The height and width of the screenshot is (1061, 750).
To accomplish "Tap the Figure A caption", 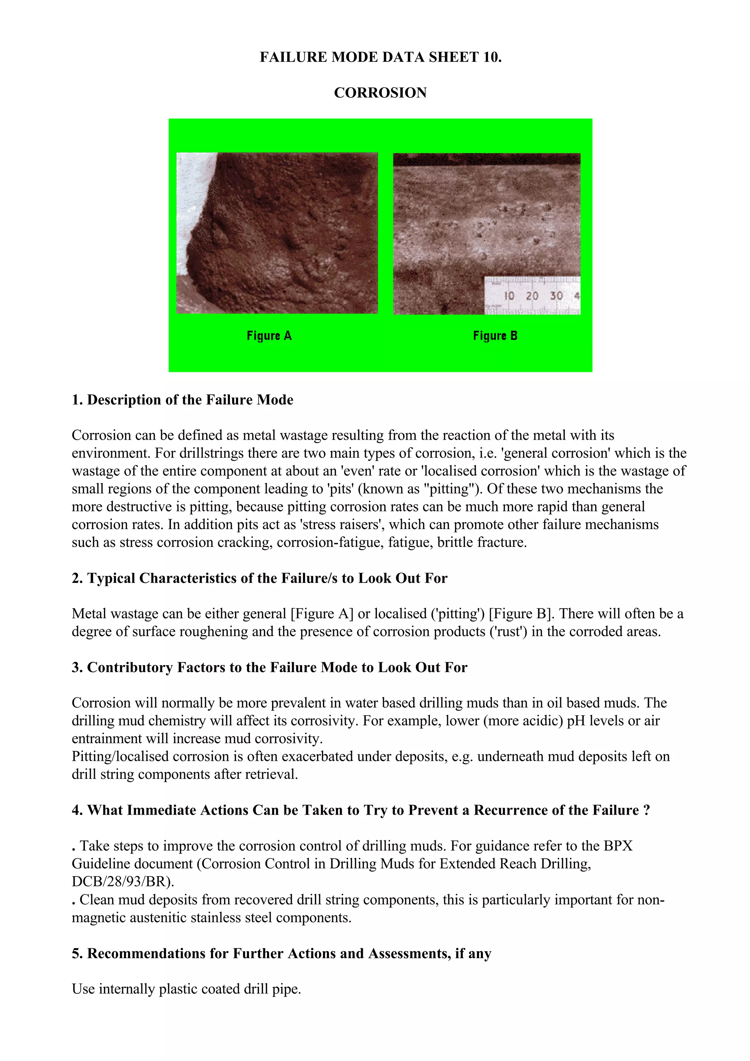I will (x=269, y=336).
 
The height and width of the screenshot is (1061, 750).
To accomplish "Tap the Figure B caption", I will (x=495, y=336).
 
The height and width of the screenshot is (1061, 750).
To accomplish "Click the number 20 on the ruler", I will (x=532, y=296).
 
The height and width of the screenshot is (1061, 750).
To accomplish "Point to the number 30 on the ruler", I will (x=556, y=296).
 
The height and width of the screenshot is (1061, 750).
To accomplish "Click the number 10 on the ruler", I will (x=509, y=296).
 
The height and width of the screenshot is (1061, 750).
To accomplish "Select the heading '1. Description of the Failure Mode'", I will (x=182, y=400).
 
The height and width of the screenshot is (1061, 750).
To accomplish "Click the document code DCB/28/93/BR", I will (x=122, y=882).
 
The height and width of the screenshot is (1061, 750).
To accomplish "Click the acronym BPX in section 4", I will (x=618, y=846).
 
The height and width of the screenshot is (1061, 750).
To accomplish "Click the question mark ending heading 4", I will (x=646, y=810).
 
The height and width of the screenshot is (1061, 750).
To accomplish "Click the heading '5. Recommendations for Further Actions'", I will (x=281, y=953).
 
